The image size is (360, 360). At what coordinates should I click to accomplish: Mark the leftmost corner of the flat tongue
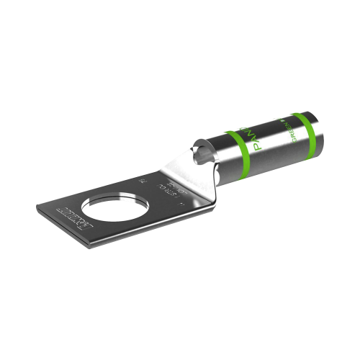pos(37,206)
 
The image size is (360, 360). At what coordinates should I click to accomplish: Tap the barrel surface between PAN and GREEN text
pos(274,133)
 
